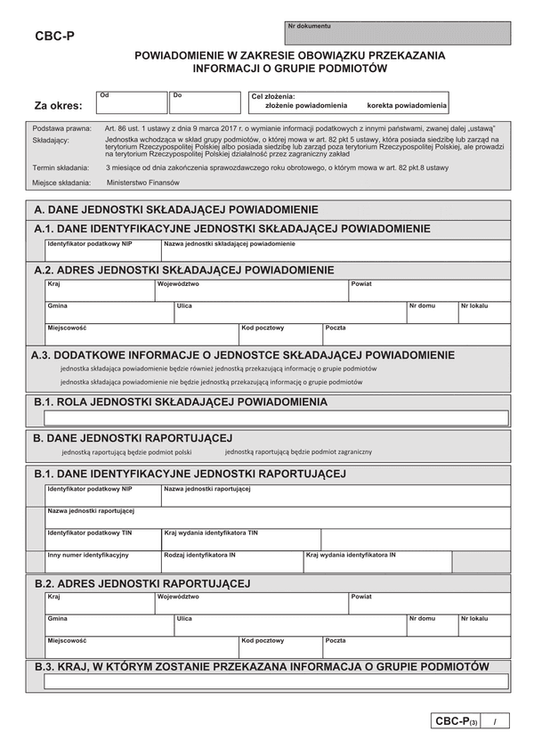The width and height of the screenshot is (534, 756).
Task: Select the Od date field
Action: (132, 103)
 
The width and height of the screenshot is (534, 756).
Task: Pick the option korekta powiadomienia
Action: (407, 105)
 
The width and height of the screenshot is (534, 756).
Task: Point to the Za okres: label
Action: (58, 105)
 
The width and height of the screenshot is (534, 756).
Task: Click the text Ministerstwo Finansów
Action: (142, 182)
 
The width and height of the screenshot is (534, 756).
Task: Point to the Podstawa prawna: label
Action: (61, 128)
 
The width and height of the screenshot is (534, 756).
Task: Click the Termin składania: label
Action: (61, 167)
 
